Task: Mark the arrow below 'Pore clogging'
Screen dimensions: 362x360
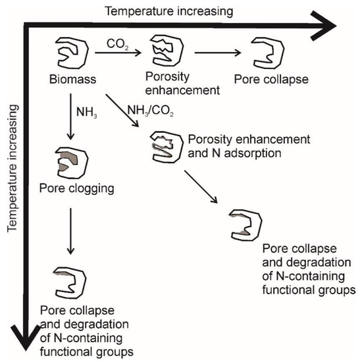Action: click(70, 230)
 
